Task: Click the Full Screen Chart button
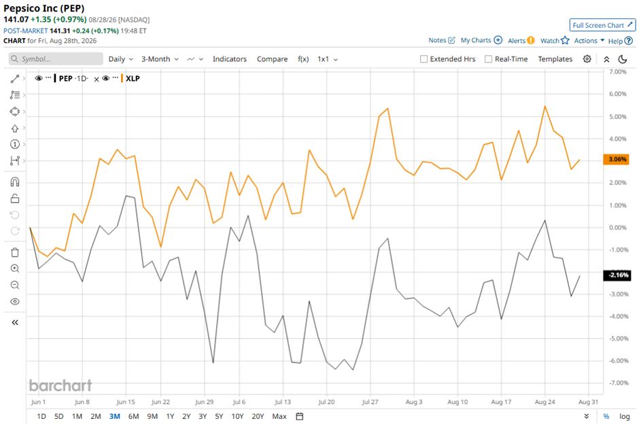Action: (602, 25)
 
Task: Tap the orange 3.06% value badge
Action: (616, 159)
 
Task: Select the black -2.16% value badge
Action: (616, 275)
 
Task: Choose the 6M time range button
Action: (134, 416)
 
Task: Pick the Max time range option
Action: (279, 416)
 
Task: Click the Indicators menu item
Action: (230, 59)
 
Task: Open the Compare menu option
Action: (272, 59)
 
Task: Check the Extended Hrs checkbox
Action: (424, 59)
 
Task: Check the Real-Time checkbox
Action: (488, 59)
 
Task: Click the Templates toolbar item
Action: (555, 59)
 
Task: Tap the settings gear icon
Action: (587, 59)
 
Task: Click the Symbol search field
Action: (56, 59)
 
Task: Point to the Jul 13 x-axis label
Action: (282, 402)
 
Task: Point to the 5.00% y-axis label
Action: (618, 116)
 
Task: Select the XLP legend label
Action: (133, 78)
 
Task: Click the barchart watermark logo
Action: (61, 385)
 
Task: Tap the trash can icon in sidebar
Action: (15, 253)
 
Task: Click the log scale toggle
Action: (624, 416)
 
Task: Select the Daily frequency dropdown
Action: (120, 59)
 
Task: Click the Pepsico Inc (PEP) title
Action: (44, 8)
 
